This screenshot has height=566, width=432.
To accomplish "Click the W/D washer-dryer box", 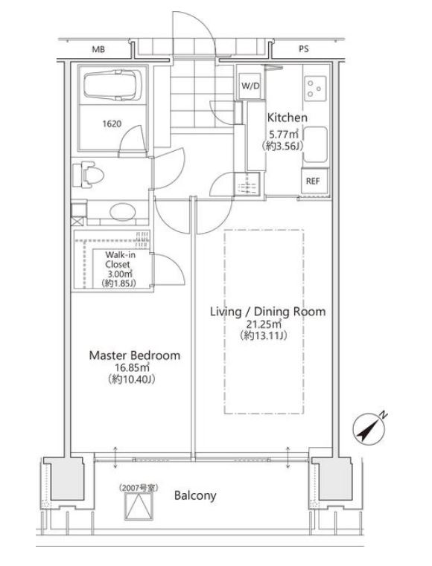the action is [250, 86].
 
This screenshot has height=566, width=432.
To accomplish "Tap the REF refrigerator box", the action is [314, 181].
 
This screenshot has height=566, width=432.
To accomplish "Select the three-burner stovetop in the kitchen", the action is [315, 89].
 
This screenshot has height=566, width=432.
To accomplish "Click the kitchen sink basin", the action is [315, 144].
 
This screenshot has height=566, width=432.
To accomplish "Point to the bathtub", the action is [112, 86].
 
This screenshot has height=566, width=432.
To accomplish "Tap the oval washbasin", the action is [123, 212].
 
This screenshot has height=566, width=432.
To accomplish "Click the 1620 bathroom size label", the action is [112, 124].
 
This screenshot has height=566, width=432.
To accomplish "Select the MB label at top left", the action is [98, 49].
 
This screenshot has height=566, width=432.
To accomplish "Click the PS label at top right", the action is [304, 49].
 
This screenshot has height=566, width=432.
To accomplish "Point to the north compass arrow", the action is [369, 428].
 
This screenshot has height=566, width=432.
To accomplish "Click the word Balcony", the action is [195, 495].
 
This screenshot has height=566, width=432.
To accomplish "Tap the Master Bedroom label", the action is [135, 356].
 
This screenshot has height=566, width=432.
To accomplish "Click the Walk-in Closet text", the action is [120, 260].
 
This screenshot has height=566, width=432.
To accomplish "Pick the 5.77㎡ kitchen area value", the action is [284, 135].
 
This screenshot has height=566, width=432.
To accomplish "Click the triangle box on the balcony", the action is [139, 506].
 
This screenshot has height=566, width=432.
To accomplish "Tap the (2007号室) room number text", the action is [139, 488].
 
